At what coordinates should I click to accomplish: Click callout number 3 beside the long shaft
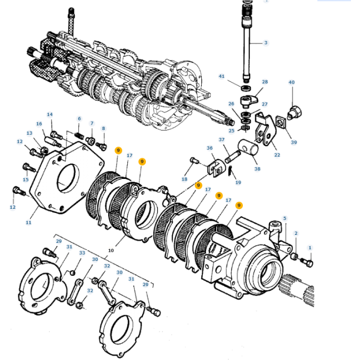point(266,43)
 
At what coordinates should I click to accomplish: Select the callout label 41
point(222,76)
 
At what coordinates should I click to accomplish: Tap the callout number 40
point(291,83)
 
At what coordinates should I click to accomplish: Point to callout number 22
point(277,155)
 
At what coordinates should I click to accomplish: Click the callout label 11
point(29,223)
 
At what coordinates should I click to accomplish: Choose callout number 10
point(111,250)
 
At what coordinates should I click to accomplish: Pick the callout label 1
point(310,247)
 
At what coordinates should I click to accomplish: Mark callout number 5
point(284,218)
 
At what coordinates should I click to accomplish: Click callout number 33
point(82,252)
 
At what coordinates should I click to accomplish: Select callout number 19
point(238,182)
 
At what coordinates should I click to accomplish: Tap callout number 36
point(209,149)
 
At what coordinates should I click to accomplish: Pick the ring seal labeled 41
point(246,87)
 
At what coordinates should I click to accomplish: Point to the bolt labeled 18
point(194,160)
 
